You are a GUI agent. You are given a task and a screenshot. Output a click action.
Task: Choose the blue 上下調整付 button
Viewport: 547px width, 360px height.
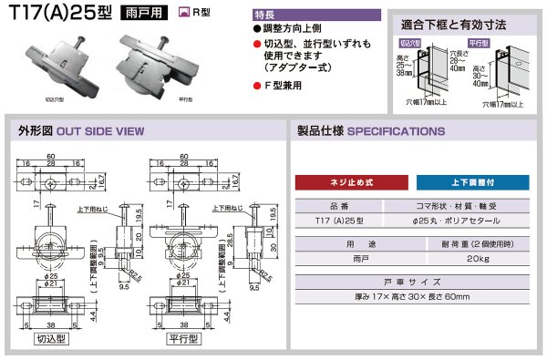point(473,181)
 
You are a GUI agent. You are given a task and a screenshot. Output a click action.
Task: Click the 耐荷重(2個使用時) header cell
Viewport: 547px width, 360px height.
point(470,245)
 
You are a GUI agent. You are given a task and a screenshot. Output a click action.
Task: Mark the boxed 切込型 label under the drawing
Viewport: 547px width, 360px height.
point(52,338)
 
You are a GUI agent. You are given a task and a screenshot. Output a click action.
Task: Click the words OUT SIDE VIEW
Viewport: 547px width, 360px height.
point(101,131)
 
